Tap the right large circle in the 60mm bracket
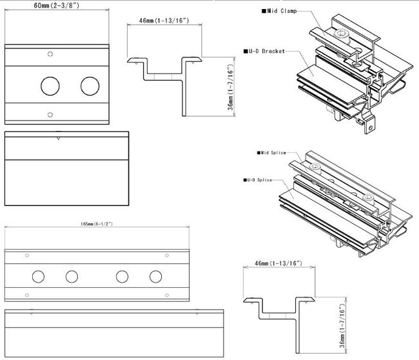pyautogui.click(x=90, y=85)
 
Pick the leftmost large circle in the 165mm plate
pyautogui.click(x=38, y=276)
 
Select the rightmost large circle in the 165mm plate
pyautogui.click(x=155, y=276)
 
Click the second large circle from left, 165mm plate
pyautogui.click(x=72, y=276)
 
